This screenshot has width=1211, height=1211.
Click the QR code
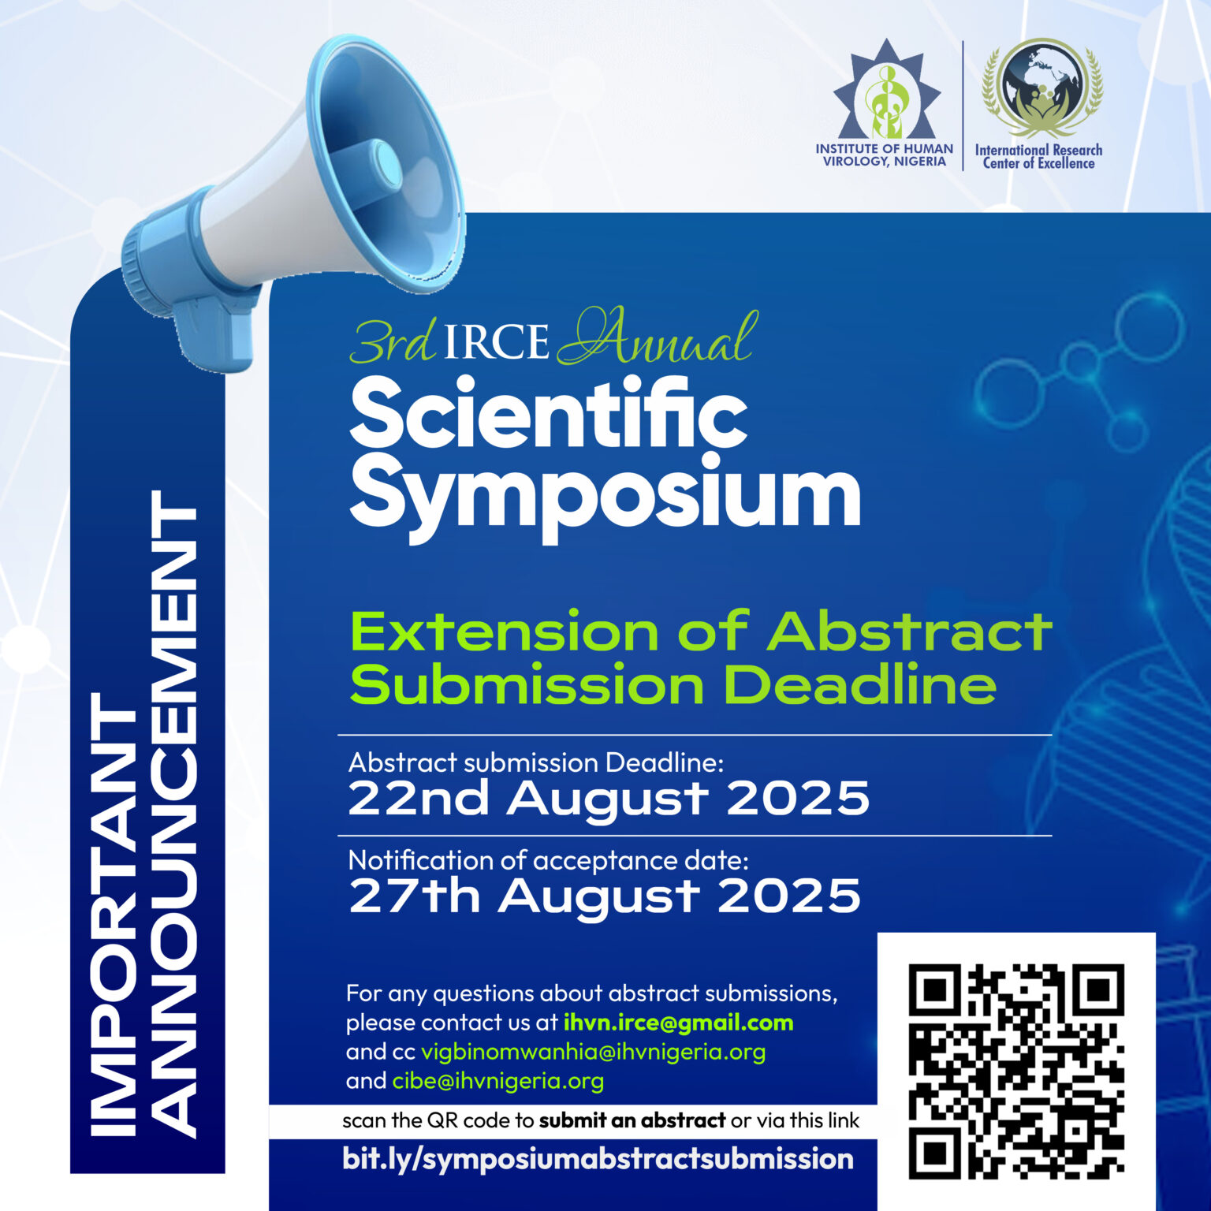pos(1016,1071)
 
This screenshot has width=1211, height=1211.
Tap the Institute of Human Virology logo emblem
pos(887,93)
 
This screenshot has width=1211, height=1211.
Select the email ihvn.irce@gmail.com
pos(678,1023)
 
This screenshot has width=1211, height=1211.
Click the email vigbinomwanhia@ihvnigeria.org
pos(593,1052)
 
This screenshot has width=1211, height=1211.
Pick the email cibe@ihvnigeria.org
pos(497,1080)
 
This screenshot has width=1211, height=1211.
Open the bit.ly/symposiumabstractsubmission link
pos(598,1159)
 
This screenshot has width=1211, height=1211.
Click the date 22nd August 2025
pos(608,799)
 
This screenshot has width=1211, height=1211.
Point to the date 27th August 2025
pos(604,896)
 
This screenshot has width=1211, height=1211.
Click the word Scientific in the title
pos(548,413)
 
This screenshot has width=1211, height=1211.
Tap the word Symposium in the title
pos(605,495)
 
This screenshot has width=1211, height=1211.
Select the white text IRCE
pos(496,342)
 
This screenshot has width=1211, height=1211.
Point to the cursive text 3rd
pos(392,342)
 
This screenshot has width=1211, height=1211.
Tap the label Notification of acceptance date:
pos(548,859)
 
